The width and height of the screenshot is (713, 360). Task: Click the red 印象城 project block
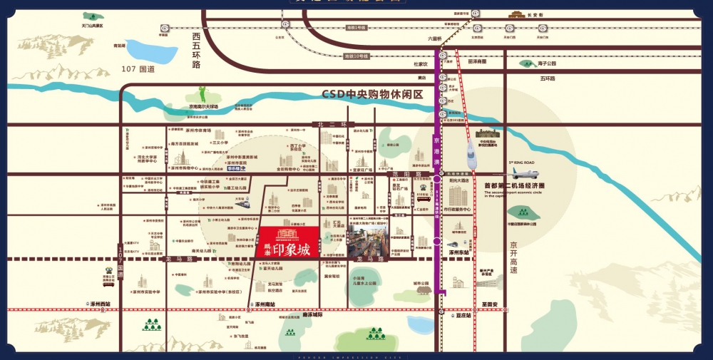click(287, 242)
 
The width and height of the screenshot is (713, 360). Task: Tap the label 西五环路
click(196, 49)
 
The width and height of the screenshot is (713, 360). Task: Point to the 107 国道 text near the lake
click(138, 69)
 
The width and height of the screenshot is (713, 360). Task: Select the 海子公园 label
click(552, 63)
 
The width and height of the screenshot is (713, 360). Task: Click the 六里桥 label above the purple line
click(435, 38)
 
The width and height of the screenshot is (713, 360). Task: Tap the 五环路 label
click(547, 78)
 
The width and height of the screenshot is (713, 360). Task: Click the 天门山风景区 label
click(92, 25)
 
